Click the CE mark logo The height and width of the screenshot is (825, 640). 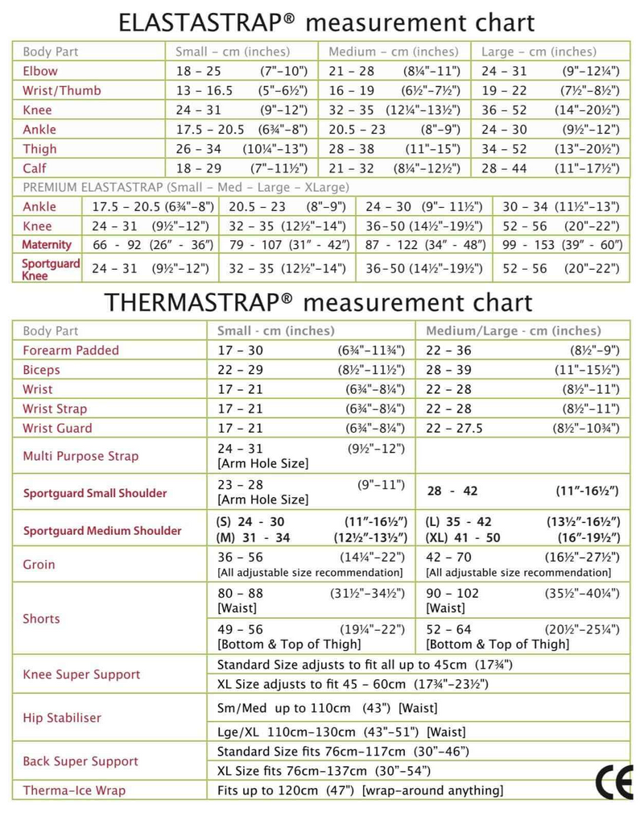pyautogui.click(x=613, y=782)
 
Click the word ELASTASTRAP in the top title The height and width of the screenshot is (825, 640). pyautogui.click(x=207, y=23)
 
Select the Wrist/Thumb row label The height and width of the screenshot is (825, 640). pyautogui.click(x=61, y=90)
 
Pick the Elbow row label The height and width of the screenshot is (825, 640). pyautogui.click(x=40, y=71)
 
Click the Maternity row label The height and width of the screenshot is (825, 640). pyautogui.click(x=47, y=245)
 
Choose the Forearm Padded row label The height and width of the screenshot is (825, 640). pyautogui.click(x=71, y=350)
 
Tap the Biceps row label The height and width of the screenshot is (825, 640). pyautogui.click(x=41, y=370)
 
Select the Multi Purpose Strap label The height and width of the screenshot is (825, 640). pyautogui.click(x=81, y=456)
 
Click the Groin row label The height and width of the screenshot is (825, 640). pyautogui.click(x=39, y=564)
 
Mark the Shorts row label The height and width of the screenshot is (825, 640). pyautogui.click(x=41, y=619)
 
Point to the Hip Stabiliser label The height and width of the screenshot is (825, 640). pyautogui.click(x=62, y=717)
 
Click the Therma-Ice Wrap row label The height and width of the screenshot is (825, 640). pyautogui.click(x=74, y=790)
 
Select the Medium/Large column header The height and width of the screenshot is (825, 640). pyautogui.click(x=513, y=331)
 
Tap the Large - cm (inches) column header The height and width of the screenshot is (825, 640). pyautogui.click(x=539, y=52)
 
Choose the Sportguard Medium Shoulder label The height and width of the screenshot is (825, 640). pyautogui.click(x=102, y=531)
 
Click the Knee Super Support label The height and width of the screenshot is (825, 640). pyautogui.click(x=81, y=674)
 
